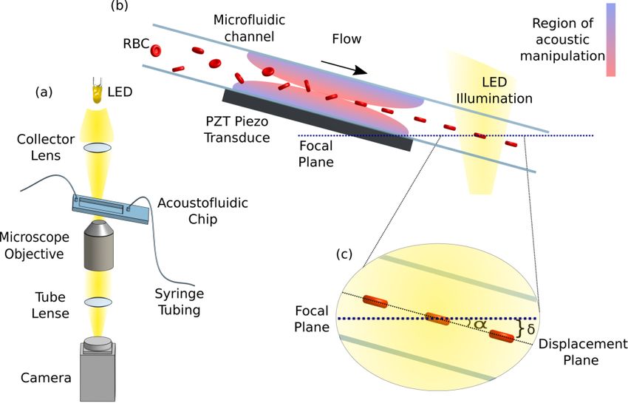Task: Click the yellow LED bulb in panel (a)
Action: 97,93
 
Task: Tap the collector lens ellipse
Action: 98,147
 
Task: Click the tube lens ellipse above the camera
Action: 97,302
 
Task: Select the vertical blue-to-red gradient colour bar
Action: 611,41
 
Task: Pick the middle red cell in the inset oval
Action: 437,319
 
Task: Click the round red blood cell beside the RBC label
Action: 156,50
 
